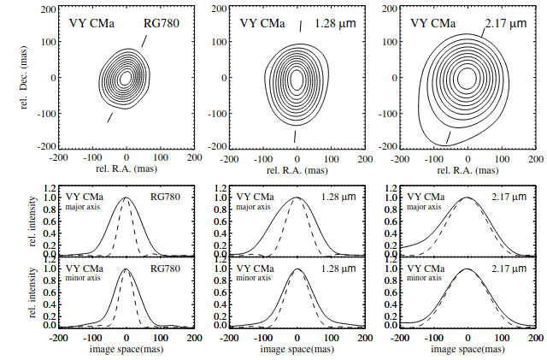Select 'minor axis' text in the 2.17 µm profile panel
point(426,278)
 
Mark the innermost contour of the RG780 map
point(126,78)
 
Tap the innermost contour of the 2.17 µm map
point(467,78)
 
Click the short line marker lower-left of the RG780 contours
point(109,117)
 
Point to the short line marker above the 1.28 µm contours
point(299,27)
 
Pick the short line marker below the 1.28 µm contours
point(295,136)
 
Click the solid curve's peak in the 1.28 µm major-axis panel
point(296,198)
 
